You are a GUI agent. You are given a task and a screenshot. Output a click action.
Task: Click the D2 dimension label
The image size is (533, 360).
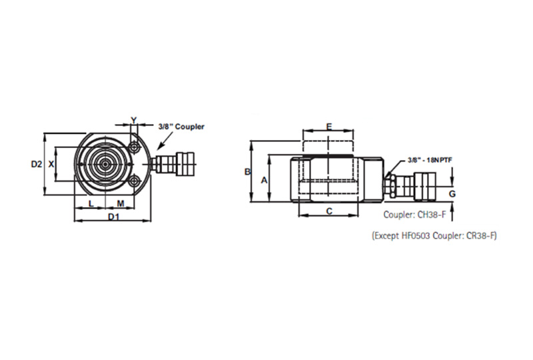[x=37, y=164]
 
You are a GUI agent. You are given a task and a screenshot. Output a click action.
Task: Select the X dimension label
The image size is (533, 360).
[x=51, y=165]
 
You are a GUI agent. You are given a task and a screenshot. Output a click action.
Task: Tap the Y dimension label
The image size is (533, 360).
[x=134, y=120]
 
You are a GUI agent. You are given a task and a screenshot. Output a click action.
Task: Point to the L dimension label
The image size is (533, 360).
[x=91, y=203]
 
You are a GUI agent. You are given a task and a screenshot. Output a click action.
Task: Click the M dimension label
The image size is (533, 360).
[x=121, y=203]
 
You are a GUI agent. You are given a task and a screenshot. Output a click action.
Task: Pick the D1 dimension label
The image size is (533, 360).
[x=114, y=217]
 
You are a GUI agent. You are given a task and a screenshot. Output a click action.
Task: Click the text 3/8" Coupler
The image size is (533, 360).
[x=181, y=127]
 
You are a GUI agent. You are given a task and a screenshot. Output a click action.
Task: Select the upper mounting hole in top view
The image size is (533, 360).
[x=135, y=147]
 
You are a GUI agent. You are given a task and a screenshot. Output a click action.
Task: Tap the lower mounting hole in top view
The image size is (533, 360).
[x=135, y=181]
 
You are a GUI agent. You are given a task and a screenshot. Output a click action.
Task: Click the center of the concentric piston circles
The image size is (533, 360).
[x=105, y=165]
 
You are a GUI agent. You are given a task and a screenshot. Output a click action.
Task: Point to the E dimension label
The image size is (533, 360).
[x=329, y=127]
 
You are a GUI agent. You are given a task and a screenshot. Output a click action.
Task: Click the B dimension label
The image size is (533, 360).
[x=248, y=172]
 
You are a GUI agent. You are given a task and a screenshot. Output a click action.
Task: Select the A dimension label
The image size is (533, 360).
[x=264, y=181]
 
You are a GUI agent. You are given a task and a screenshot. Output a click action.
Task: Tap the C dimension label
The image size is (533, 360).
[x=329, y=211]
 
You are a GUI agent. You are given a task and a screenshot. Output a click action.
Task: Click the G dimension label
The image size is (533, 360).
[x=452, y=194]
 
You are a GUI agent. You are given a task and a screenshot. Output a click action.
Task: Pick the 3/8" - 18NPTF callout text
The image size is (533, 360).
[x=430, y=160]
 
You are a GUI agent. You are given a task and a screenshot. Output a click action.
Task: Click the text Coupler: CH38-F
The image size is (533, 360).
[x=414, y=215]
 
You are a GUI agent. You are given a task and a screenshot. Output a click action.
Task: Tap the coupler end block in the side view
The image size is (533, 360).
[x=424, y=187]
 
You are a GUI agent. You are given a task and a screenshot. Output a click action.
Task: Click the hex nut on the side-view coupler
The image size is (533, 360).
[x=388, y=187]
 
